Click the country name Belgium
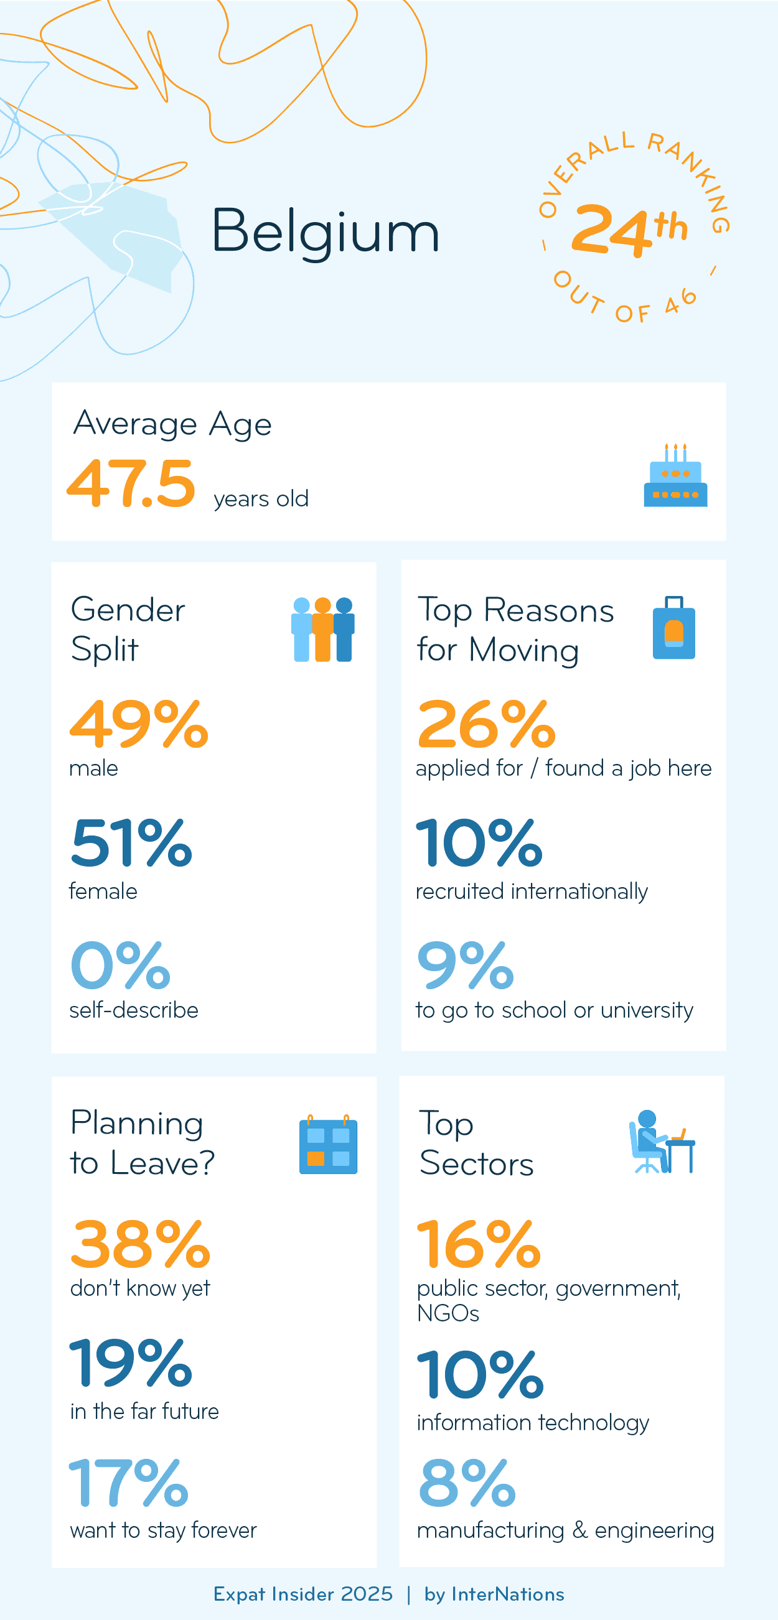click(x=324, y=231)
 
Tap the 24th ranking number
click(x=628, y=230)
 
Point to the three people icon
click(x=322, y=629)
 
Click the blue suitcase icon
click(x=673, y=628)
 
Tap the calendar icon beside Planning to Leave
click(x=327, y=1145)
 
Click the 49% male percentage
click(x=138, y=725)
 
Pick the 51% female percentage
click(x=131, y=843)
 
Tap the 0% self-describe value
click(x=120, y=965)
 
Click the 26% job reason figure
click(x=486, y=725)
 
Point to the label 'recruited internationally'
click(x=532, y=891)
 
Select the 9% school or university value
click(x=466, y=965)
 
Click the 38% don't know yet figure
click(x=140, y=1244)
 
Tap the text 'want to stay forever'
click(x=164, y=1530)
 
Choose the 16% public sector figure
click(x=479, y=1244)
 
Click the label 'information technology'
click(x=533, y=1423)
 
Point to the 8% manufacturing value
click(x=467, y=1483)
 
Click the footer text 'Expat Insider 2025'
click(x=302, y=1594)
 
